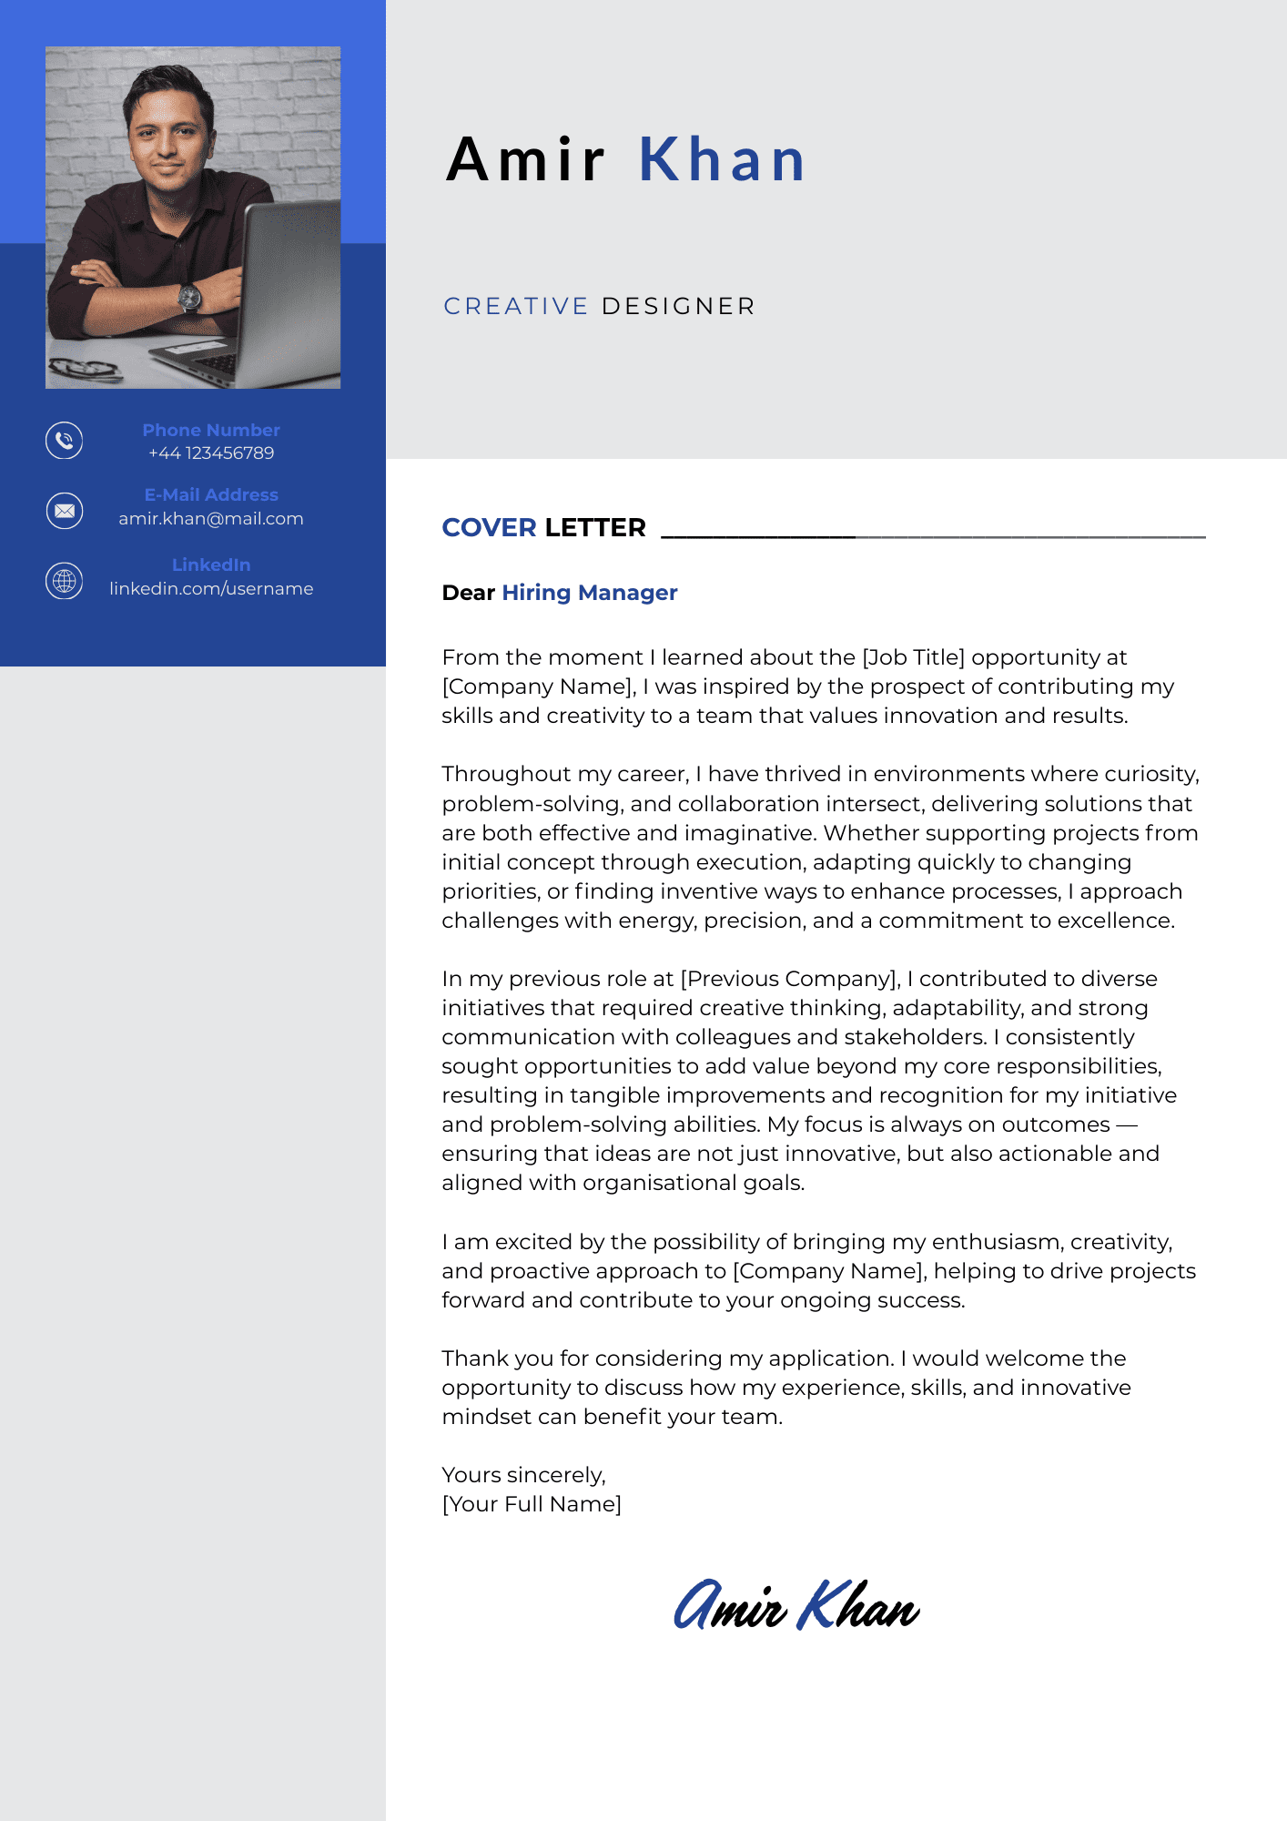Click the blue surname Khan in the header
pos(722,160)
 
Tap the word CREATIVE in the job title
pos(516,307)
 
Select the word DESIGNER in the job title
pos(678,307)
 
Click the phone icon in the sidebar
pos(65,441)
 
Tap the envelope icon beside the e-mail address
pos(65,511)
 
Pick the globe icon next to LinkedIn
pos(65,581)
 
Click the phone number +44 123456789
pos(211,453)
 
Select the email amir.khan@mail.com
pos(211,519)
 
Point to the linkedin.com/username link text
pos(211,589)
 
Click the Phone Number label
pos(211,430)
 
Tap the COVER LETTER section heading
pos(543,528)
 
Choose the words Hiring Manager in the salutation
pos(590,593)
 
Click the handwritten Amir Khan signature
pos(796,1606)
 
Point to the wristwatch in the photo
pos(189,297)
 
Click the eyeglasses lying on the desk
pos(84,369)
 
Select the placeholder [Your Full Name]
pos(532,1504)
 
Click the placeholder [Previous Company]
pos(790,979)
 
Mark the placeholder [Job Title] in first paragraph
pos(913,657)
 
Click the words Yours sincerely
pos(523,1475)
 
